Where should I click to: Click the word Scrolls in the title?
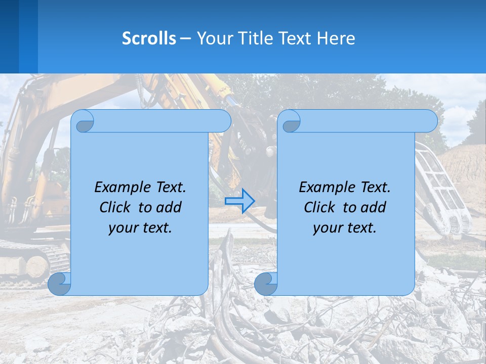(149, 38)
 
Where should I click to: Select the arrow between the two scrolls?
(239, 201)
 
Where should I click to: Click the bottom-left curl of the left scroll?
(60, 284)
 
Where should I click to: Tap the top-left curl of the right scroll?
(291, 121)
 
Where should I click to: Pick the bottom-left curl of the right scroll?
(266, 284)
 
